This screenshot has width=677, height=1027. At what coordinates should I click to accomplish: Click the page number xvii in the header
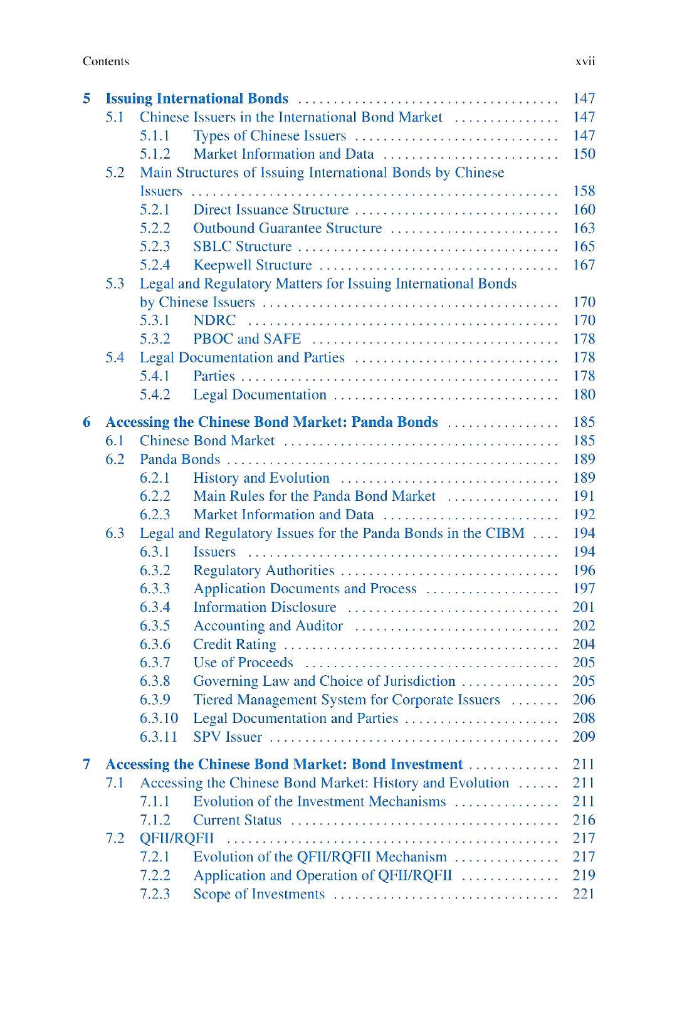(585, 61)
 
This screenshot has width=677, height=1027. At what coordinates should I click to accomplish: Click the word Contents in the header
(105, 61)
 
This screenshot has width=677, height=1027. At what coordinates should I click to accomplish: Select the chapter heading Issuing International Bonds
(197, 98)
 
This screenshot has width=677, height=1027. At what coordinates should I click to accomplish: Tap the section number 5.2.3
(155, 246)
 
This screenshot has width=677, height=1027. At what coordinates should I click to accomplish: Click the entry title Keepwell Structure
(252, 265)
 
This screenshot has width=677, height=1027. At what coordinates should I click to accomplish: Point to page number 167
(584, 265)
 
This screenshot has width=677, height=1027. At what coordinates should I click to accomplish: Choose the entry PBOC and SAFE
(247, 339)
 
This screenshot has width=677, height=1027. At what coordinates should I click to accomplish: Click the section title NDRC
(214, 320)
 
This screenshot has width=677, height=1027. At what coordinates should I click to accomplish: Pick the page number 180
(584, 395)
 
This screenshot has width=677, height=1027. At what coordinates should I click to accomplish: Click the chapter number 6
(87, 423)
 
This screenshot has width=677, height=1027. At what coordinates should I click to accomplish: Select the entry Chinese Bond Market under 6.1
(207, 441)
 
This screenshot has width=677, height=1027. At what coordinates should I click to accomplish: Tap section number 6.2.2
(155, 497)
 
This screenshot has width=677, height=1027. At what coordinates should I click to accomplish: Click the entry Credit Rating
(234, 645)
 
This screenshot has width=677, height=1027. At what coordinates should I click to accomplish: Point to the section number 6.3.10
(159, 719)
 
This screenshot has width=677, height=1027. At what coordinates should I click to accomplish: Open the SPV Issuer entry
(228, 737)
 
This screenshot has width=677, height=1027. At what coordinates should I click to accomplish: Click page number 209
(584, 737)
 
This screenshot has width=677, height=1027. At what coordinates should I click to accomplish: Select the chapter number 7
(87, 765)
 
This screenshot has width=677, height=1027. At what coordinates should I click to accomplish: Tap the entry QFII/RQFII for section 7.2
(177, 839)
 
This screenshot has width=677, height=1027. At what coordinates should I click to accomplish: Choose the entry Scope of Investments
(259, 895)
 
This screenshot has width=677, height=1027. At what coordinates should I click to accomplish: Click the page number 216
(584, 820)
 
